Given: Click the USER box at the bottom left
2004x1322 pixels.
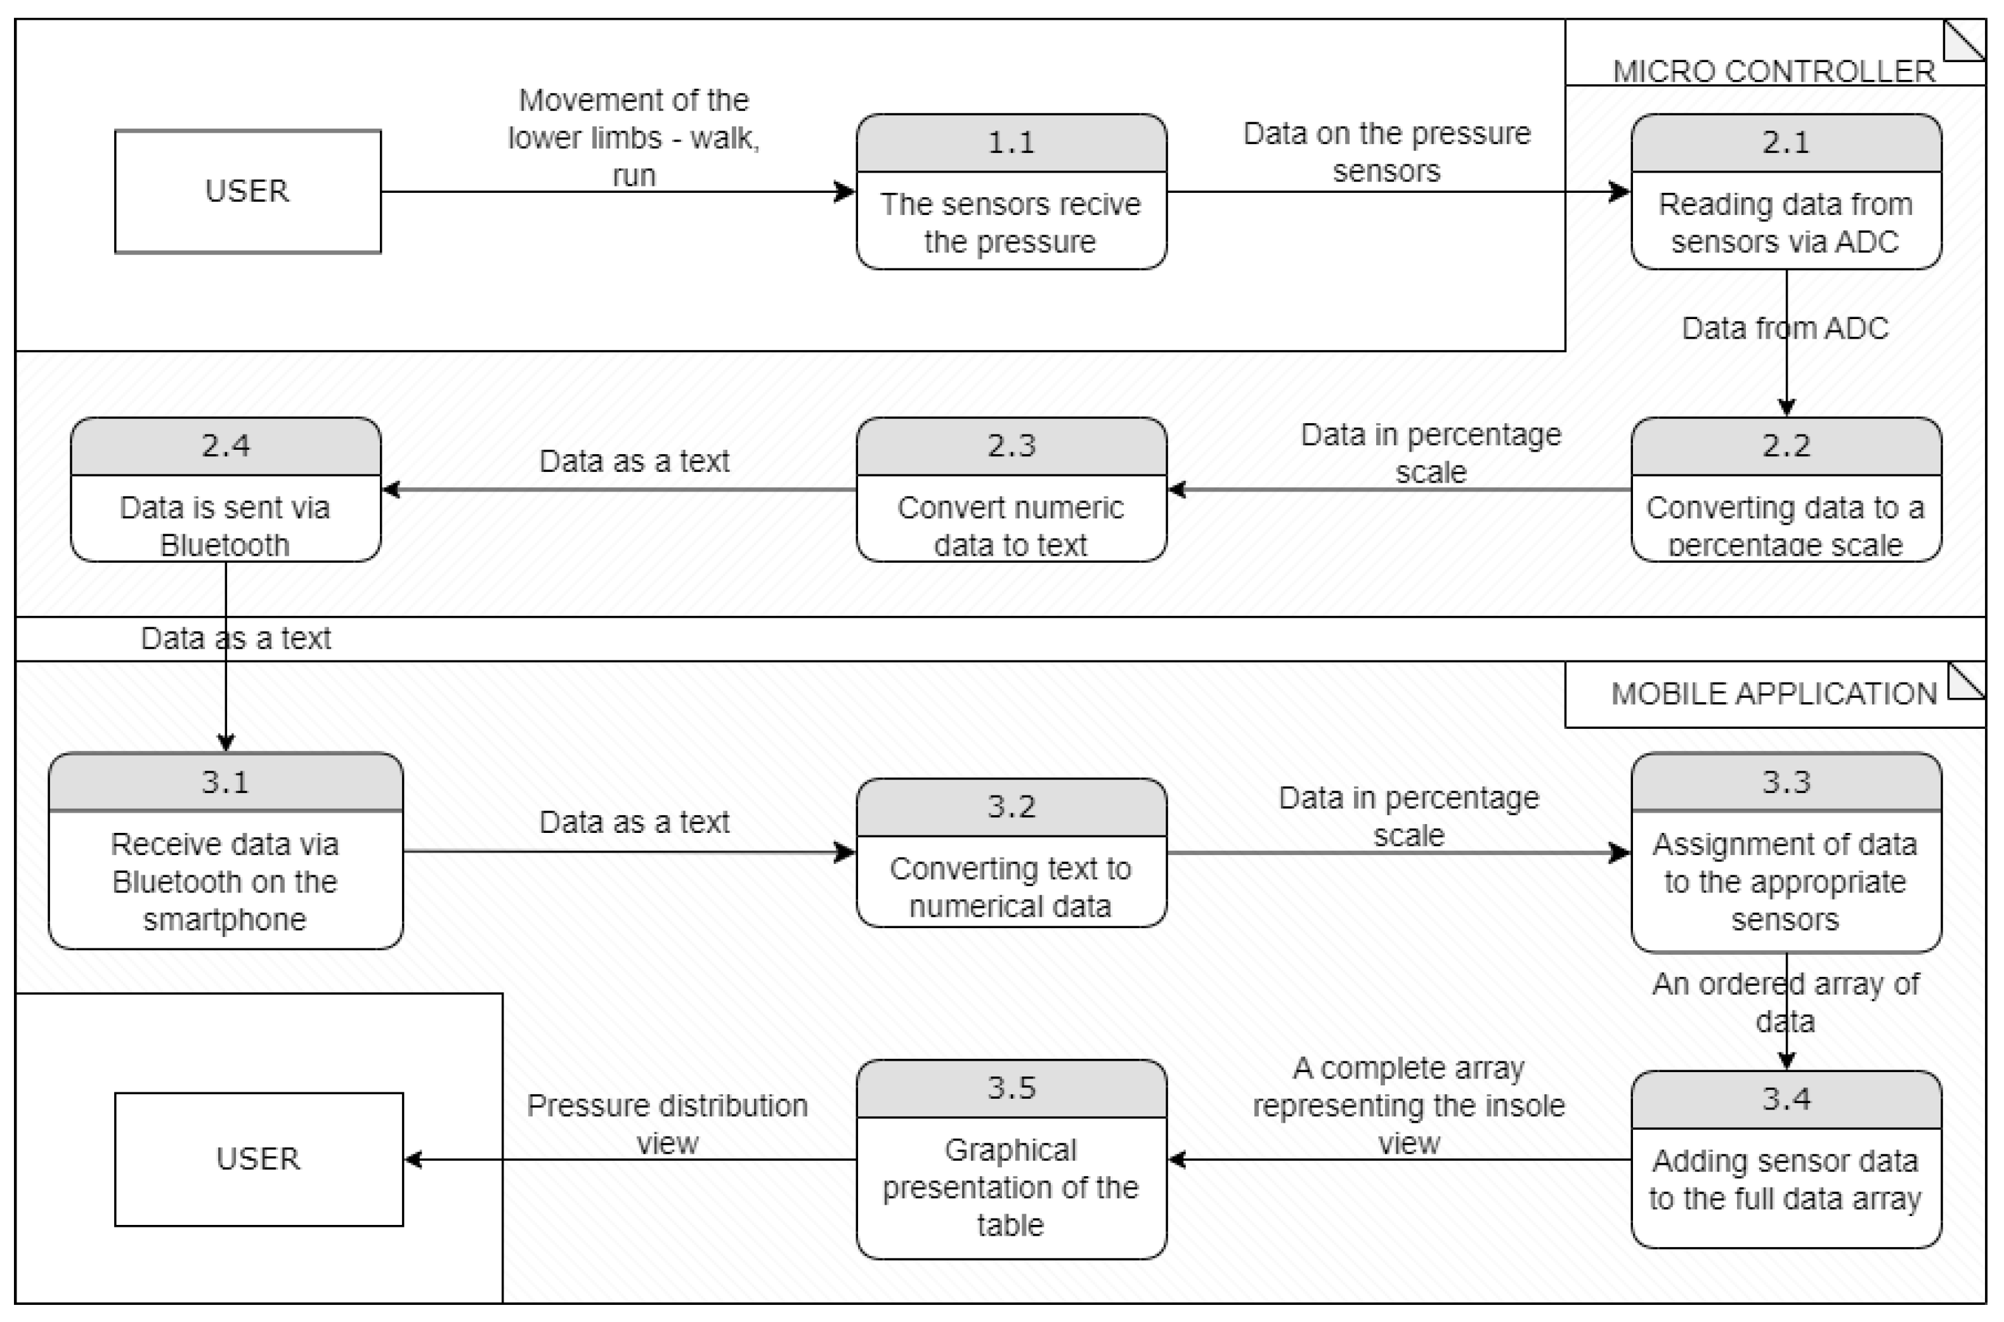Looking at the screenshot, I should coord(258,1158).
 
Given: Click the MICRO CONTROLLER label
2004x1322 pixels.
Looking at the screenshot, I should coord(1773,71).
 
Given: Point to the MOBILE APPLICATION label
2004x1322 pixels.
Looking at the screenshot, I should coord(1773,694).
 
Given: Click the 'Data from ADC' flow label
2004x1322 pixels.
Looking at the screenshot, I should coord(1784,328).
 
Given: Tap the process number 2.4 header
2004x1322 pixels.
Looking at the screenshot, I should coord(225,446).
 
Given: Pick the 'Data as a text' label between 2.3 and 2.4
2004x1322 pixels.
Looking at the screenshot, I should coord(634,461).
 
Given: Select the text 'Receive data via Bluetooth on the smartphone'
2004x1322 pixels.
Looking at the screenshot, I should coord(225,881).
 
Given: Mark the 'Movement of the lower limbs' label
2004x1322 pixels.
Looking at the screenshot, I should coord(634,136).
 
